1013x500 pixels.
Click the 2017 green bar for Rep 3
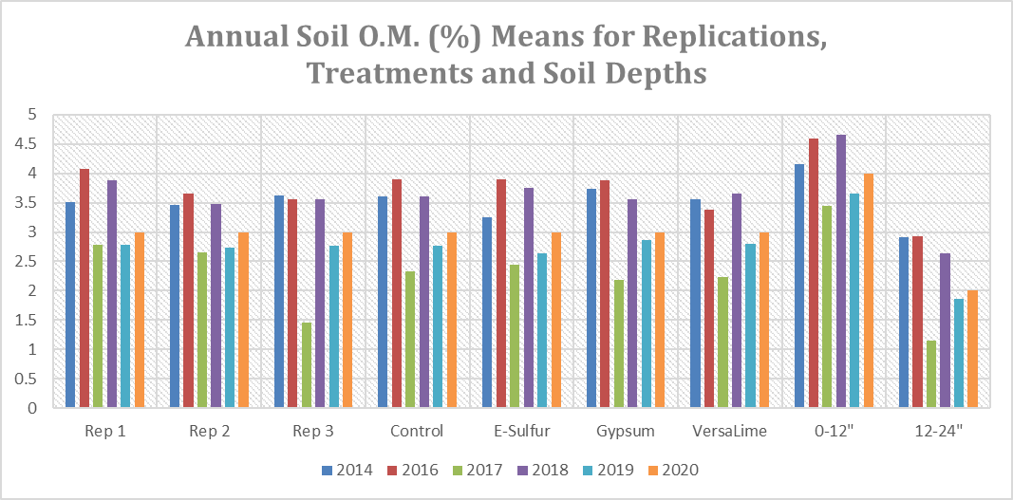[x=307, y=365]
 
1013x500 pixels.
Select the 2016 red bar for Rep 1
[x=84, y=288]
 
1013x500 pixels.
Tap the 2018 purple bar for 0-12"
[x=841, y=271]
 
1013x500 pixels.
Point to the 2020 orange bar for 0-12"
[x=869, y=290]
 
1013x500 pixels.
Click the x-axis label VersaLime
[x=729, y=431]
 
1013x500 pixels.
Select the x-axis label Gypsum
[x=625, y=431]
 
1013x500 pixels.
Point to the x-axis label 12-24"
[x=937, y=431]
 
